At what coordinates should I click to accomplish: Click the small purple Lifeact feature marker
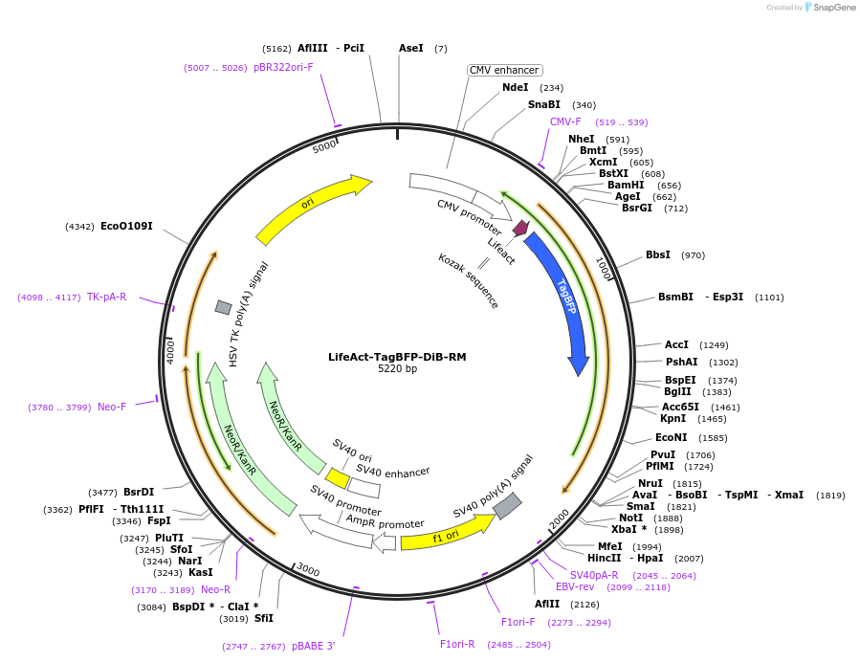pos(521,228)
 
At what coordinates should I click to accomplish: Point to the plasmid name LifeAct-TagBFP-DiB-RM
pos(397,357)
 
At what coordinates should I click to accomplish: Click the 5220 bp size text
pos(397,369)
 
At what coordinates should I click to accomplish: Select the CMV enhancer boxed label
pos(504,70)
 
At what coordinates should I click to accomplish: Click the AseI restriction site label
pos(410,48)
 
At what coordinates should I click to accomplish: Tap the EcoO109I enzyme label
pos(126,227)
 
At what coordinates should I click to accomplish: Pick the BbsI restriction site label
pos(658,255)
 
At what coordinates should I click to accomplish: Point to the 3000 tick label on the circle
pos(307,569)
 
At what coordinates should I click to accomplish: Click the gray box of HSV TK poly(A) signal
pos(223,307)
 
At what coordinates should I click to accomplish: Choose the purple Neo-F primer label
pos(112,407)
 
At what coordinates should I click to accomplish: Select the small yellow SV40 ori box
pos(337,476)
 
